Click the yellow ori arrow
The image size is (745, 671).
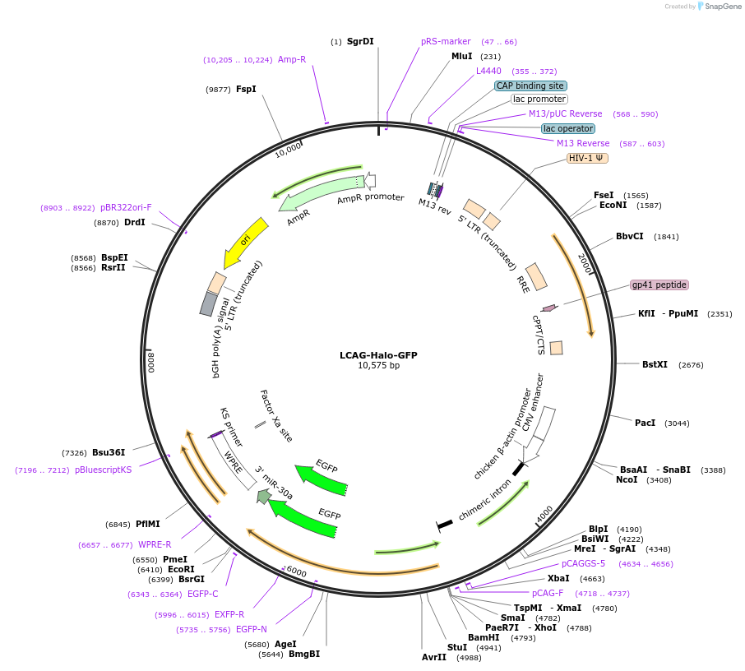[x=244, y=243]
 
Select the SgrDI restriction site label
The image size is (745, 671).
[x=360, y=41]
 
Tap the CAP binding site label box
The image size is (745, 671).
[x=530, y=86]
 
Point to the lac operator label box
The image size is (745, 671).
[x=568, y=128]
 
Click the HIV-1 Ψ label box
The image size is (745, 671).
[x=587, y=158]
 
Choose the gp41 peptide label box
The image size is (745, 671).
[x=659, y=285]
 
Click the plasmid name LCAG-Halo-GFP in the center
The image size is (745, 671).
[x=378, y=355]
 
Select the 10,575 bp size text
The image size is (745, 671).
[x=379, y=365]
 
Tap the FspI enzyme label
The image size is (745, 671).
[x=246, y=89]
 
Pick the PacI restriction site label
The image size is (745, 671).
[x=645, y=423]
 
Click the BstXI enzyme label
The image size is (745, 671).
[x=655, y=364]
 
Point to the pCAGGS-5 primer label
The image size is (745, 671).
[x=584, y=563]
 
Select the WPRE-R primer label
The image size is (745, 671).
[x=155, y=544]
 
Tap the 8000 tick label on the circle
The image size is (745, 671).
[x=151, y=362]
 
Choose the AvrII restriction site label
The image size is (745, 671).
[x=434, y=657]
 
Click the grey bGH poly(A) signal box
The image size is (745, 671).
[x=209, y=304]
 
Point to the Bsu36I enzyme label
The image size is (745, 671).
[x=109, y=452]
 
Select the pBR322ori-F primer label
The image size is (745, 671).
[x=126, y=207]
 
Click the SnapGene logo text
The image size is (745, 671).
[x=723, y=7]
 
